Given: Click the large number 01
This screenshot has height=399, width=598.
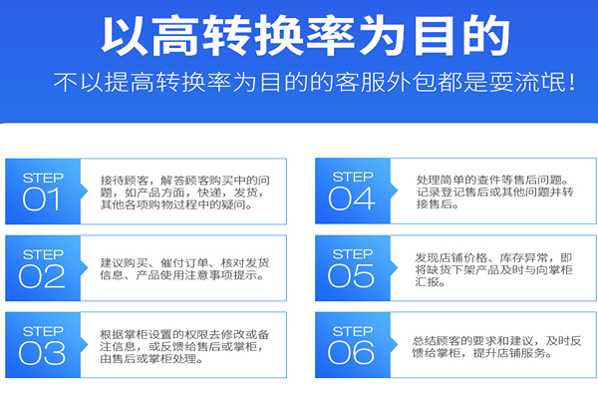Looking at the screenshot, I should click(x=41, y=199).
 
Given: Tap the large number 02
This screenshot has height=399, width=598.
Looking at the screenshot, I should click(x=41, y=276).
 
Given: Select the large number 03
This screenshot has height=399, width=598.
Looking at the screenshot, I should click(x=41, y=352).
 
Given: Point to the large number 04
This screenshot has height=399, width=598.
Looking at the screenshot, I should click(x=352, y=199).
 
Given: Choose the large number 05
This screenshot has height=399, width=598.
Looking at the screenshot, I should click(x=352, y=276).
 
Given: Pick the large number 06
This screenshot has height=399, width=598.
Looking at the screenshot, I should click(x=352, y=352).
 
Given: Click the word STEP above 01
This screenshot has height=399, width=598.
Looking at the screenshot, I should click(x=42, y=177).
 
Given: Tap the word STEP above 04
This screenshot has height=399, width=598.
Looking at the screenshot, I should click(x=353, y=177).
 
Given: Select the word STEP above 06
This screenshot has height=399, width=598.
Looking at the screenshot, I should click(x=353, y=329).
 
